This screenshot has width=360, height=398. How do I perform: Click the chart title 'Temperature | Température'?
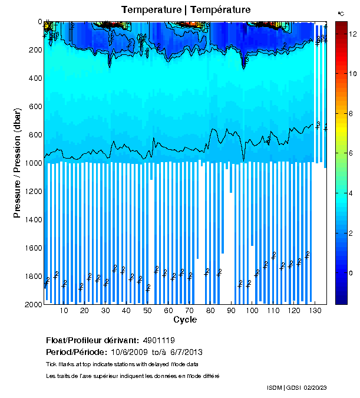[x=186, y=10]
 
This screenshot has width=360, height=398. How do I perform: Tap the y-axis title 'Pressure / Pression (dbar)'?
[x=17, y=164]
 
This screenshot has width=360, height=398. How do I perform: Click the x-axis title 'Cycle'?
[x=185, y=320]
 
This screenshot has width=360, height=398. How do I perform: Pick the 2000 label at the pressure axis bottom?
[x=32, y=304]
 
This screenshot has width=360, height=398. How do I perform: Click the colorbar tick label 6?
[x=351, y=153]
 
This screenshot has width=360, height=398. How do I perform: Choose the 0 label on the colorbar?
[x=351, y=273]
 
